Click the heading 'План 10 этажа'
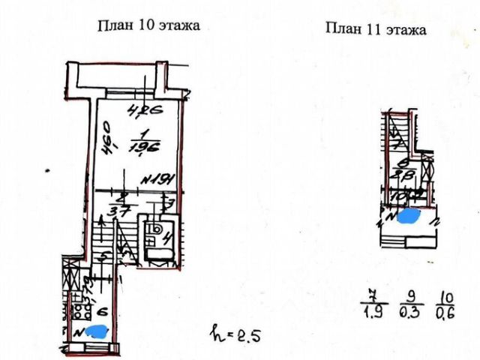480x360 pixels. [x=148, y=25]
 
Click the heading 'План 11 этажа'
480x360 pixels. [x=376, y=30]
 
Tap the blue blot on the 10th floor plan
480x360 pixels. [x=94, y=329]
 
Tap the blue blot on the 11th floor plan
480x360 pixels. [x=409, y=217]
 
